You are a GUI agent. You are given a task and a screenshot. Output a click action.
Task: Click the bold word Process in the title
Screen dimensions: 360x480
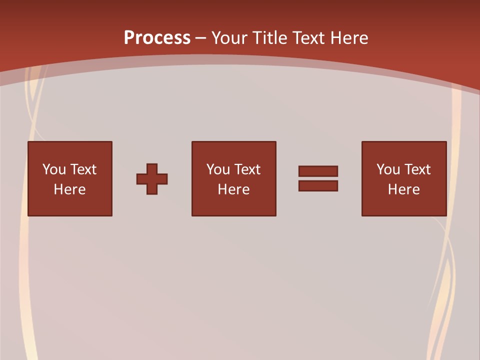pyautogui.click(x=157, y=38)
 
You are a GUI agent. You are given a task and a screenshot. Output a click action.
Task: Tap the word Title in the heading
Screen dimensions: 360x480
pyautogui.click(x=270, y=38)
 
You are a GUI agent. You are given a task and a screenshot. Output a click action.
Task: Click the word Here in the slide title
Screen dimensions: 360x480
pyautogui.click(x=349, y=38)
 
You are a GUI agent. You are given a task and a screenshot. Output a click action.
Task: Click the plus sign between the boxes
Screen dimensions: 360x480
pyautogui.click(x=152, y=179)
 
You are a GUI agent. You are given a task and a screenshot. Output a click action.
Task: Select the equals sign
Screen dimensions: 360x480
pyautogui.click(x=318, y=178)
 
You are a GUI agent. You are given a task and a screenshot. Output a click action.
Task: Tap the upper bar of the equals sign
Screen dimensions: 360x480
pyautogui.click(x=318, y=171)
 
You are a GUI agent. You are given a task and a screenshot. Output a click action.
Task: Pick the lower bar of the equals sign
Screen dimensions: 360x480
pyautogui.click(x=318, y=185)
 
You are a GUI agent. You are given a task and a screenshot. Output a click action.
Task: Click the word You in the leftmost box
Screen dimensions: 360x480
pyautogui.click(x=54, y=169)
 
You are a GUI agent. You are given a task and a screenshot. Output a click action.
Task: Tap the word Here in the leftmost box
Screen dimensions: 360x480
pyautogui.click(x=70, y=189)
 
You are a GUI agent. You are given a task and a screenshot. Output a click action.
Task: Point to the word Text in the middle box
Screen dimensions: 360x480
pyautogui.click(x=247, y=169)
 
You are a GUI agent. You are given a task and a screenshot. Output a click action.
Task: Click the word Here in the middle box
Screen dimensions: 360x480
pyautogui.click(x=233, y=189)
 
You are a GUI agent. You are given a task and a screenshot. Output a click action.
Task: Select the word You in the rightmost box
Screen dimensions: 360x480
pyautogui.click(x=388, y=169)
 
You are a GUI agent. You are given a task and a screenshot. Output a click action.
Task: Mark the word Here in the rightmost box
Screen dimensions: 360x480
pyautogui.click(x=404, y=189)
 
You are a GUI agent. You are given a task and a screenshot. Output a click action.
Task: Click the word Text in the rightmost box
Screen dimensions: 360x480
pyautogui.click(x=417, y=169)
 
